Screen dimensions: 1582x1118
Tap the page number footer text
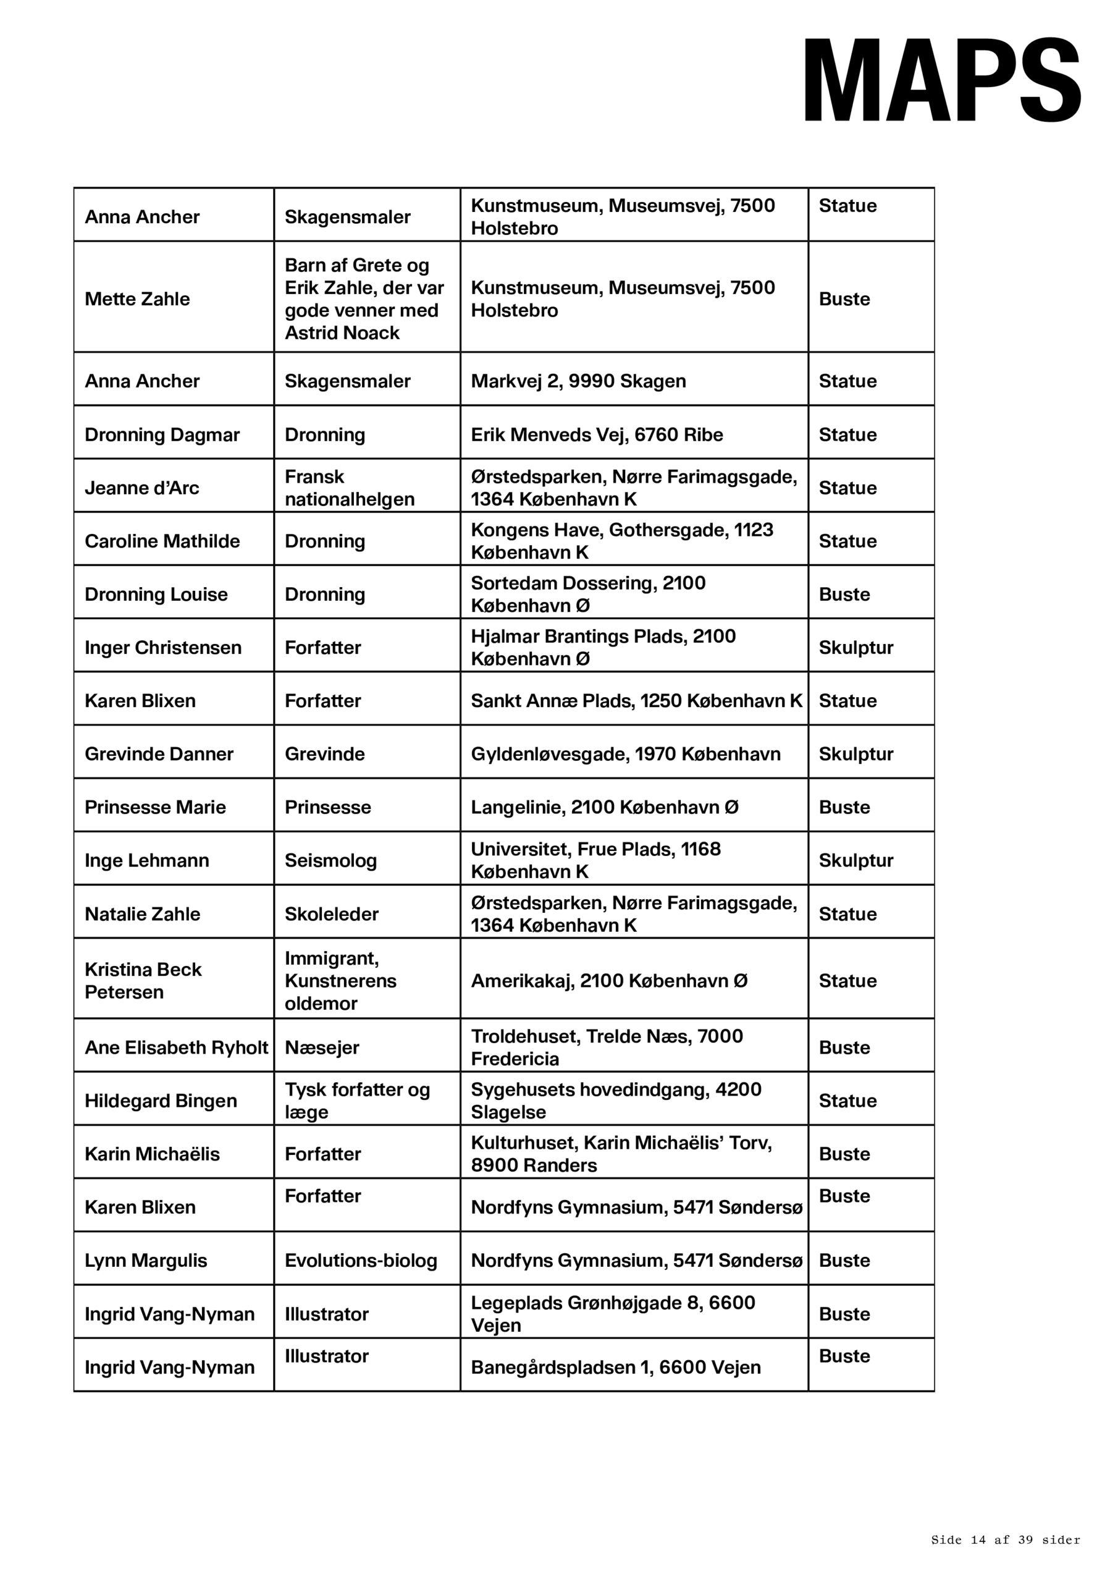tap(1005, 1539)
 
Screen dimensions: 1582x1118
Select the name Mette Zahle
tap(137, 299)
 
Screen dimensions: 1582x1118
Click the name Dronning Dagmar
tap(162, 435)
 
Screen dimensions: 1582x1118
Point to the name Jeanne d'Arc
tap(142, 488)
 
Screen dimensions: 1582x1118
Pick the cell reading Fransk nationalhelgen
tap(349, 488)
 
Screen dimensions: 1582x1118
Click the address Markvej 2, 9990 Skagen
tap(578, 381)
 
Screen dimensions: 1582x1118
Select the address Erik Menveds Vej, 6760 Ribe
tap(597, 435)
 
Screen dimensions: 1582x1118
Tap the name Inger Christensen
tap(162, 648)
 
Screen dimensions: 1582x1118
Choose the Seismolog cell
tap(330, 861)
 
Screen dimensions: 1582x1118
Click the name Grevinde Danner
tap(159, 754)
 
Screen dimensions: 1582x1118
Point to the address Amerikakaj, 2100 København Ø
tap(609, 981)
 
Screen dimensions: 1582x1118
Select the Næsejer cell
tap(322, 1047)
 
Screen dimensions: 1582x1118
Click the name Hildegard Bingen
tap(161, 1101)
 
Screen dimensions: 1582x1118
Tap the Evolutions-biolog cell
tap(361, 1260)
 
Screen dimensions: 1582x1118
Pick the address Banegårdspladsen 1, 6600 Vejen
tap(615, 1367)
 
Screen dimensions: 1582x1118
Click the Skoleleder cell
tap(331, 913)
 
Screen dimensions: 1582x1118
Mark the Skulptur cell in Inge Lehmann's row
tap(855, 861)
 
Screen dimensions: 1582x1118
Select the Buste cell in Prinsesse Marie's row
tap(844, 807)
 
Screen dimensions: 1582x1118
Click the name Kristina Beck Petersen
tap(143, 981)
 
